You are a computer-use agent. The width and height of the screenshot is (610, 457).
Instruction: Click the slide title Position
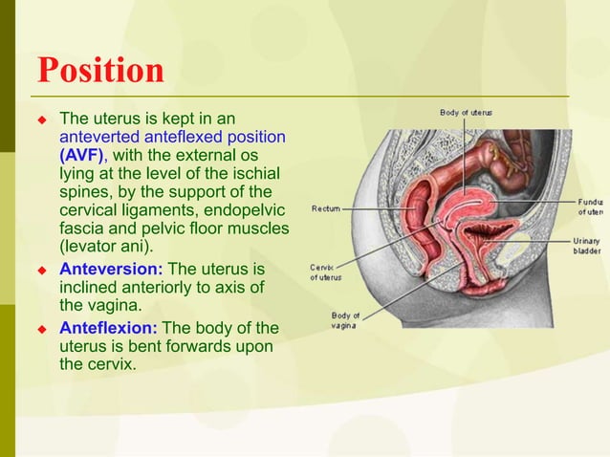(x=100, y=70)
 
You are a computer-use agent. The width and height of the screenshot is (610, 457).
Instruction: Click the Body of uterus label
(x=466, y=113)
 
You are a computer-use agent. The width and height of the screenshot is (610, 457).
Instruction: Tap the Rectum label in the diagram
(x=326, y=207)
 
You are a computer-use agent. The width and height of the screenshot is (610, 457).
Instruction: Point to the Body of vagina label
(x=345, y=320)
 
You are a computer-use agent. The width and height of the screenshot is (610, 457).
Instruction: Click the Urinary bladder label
(x=586, y=245)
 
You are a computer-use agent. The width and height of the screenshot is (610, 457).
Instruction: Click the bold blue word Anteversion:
(x=111, y=269)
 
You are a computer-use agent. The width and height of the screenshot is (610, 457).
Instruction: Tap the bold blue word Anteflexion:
(x=108, y=328)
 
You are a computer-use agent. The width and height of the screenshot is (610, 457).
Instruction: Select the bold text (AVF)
(x=83, y=155)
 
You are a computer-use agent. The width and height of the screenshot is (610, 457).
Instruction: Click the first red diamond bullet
(x=41, y=120)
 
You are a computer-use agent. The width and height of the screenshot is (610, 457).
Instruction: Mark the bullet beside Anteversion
(x=41, y=270)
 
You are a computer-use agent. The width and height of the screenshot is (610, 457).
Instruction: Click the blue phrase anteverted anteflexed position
(x=172, y=137)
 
